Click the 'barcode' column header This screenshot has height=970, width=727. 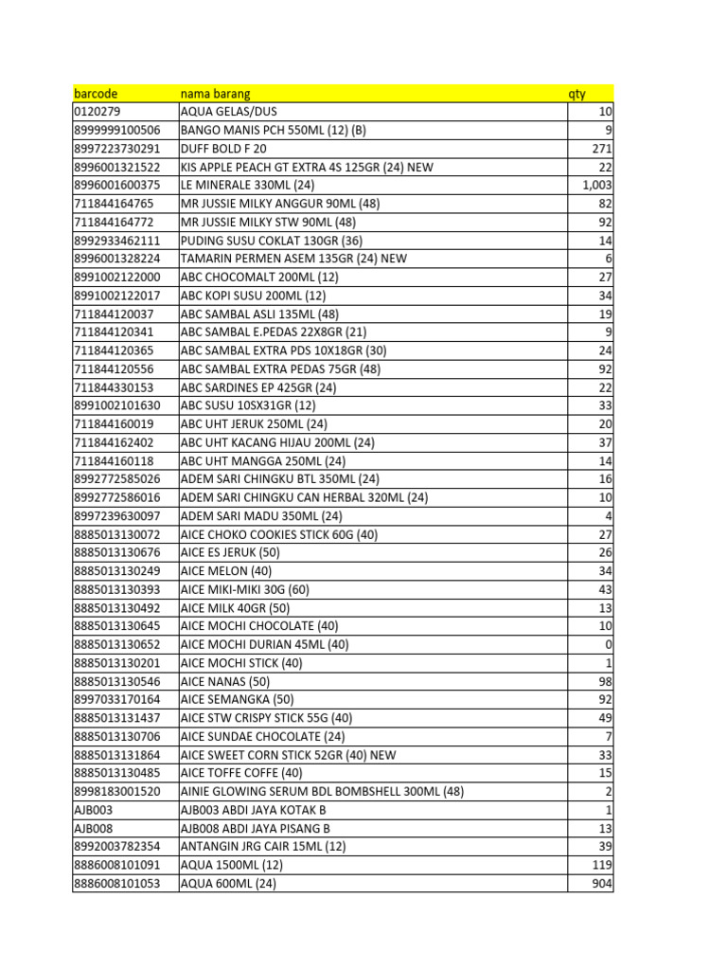click(x=96, y=94)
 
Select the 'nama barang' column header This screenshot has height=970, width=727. click(x=215, y=94)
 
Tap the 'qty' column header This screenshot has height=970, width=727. click(x=576, y=94)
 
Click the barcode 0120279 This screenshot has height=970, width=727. click(x=97, y=112)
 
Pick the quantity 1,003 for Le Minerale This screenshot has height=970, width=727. click(x=597, y=186)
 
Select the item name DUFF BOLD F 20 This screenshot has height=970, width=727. click(x=223, y=149)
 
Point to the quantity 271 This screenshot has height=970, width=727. click(x=602, y=149)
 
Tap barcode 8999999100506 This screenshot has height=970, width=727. click(x=116, y=131)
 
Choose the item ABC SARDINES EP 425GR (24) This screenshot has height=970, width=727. click(x=258, y=387)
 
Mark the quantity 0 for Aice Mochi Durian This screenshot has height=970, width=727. click(x=609, y=645)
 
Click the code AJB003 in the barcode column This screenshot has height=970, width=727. click(x=93, y=810)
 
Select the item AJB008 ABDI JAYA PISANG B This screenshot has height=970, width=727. click(x=255, y=829)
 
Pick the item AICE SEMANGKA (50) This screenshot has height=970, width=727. click(x=231, y=700)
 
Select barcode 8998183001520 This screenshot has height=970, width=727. click(x=116, y=792)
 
